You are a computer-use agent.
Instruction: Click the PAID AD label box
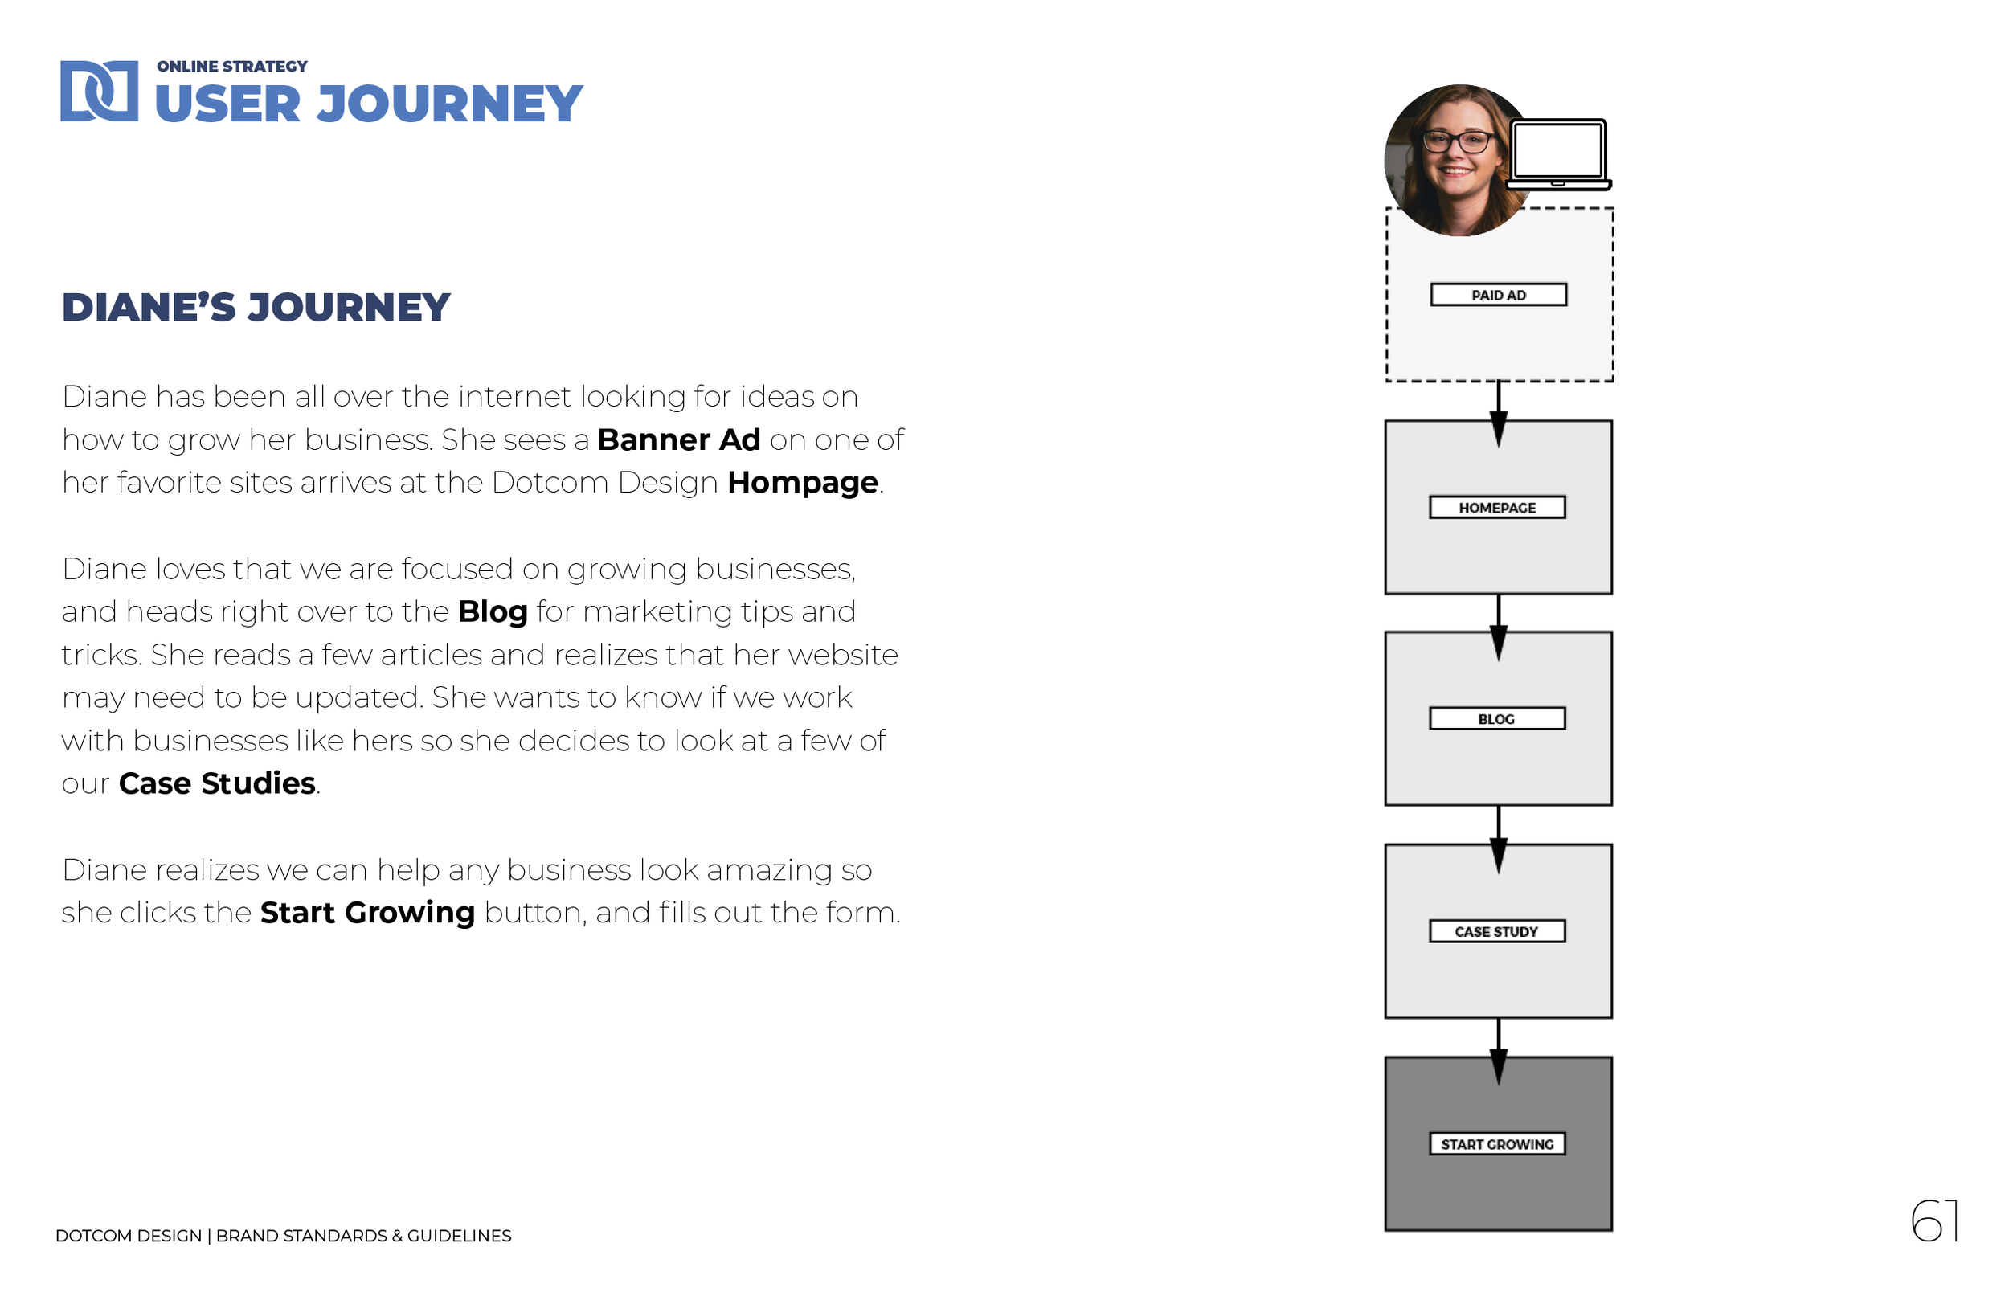click(1498, 295)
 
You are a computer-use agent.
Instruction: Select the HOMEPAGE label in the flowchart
click(1496, 507)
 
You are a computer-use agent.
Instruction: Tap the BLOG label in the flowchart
click(1496, 719)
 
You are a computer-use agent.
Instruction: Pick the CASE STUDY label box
click(1496, 931)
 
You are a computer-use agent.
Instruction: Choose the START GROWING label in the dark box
click(1496, 1144)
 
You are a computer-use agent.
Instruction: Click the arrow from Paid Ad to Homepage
click(1498, 414)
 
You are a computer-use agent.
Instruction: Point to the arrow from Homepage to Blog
click(1498, 628)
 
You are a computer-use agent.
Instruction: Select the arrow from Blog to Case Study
click(1498, 839)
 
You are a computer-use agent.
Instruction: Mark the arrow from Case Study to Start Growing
click(1498, 1052)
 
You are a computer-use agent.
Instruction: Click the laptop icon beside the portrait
click(1558, 153)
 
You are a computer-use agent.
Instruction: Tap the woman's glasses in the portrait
click(1457, 141)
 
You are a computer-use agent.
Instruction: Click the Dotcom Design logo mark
click(99, 91)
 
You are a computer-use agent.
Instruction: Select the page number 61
click(1934, 1220)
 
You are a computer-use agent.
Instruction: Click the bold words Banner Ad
click(679, 439)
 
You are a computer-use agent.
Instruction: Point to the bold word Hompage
click(803, 483)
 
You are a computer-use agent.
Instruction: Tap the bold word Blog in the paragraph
click(492, 612)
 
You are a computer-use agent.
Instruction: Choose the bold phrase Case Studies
click(217, 783)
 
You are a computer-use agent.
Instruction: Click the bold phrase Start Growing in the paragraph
click(367, 913)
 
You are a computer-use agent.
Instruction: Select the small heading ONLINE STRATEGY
click(232, 67)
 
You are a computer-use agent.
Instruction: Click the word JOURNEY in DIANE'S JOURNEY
click(349, 307)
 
